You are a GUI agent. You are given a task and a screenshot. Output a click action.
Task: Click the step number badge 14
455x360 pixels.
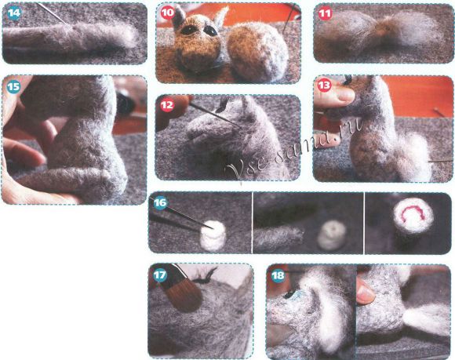click(14, 13)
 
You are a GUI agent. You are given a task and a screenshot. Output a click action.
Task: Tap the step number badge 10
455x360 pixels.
click(167, 13)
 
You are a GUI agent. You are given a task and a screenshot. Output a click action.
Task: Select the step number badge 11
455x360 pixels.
click(325, 13)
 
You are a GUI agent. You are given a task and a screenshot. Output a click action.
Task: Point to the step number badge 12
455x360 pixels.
click(167, 105)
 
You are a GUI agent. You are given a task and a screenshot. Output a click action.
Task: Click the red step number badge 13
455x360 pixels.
click(324, 85)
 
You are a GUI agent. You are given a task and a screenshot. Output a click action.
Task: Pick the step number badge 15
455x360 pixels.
click(13, 86)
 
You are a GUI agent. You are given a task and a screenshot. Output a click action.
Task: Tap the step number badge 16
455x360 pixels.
click(160, 202)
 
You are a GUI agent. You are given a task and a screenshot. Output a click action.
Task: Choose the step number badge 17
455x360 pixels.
click(160, 275)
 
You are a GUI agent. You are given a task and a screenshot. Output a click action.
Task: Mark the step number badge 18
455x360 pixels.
click(278, 275)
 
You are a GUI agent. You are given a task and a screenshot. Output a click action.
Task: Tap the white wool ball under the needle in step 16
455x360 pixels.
click(213, 235)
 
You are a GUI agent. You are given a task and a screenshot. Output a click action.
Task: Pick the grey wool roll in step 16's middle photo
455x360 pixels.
click(278, 238)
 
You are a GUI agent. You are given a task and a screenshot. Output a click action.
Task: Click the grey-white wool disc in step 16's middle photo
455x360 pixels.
click(332, 235)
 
